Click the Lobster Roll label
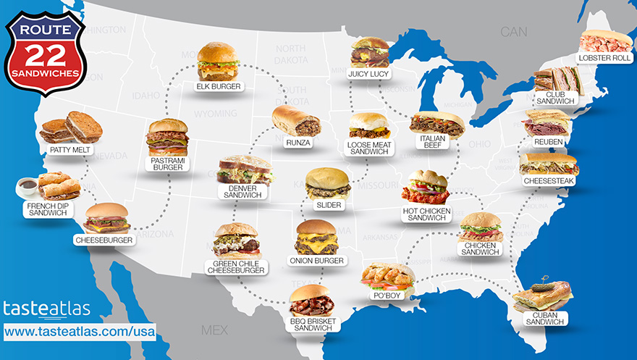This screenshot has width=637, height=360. click(603, 58)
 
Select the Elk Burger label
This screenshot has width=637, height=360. click(218, 87)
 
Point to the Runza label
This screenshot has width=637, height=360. click(298, 143)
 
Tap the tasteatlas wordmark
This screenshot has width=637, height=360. click(47, 309)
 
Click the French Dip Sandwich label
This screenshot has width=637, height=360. click(47, 209)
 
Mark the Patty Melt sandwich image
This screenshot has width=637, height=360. click(65, 129)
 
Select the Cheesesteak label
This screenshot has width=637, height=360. click(548, 180)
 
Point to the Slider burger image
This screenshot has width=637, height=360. click(328, 183)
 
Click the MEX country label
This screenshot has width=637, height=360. click(214, 330)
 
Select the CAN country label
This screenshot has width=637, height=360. click(515, 32)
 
